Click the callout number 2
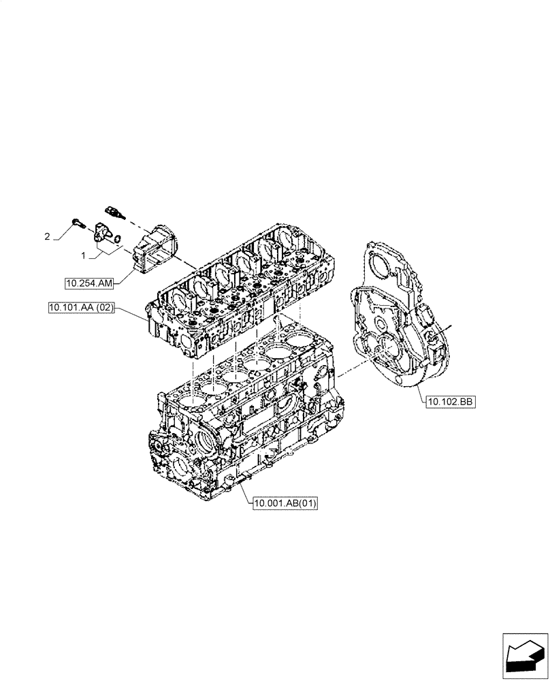coord(47,237)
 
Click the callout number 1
coord(84,255)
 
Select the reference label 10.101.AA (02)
coord(80,308)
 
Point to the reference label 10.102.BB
coord(450,402)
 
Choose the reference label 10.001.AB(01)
coord(285,504)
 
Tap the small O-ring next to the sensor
coord(118,239)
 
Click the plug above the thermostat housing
coord(114,209)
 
